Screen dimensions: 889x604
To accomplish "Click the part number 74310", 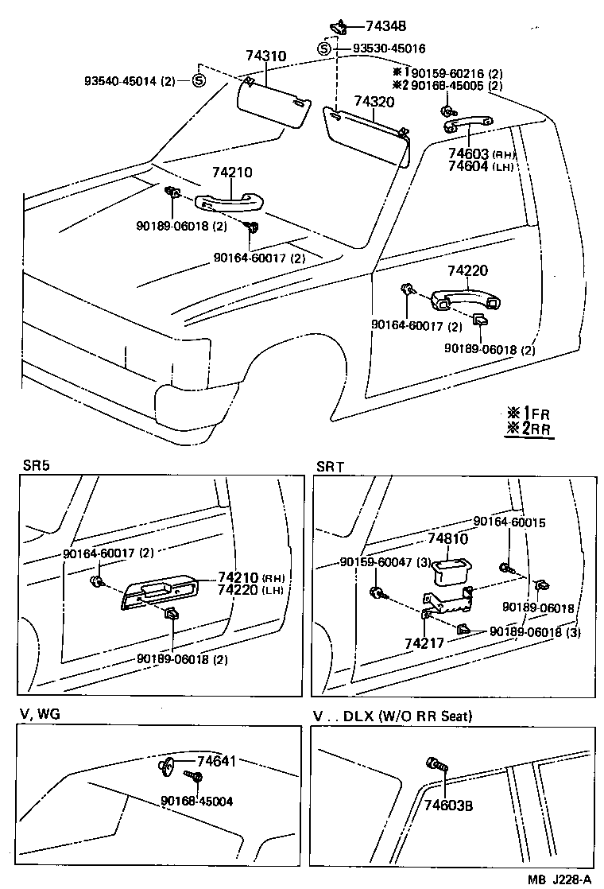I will [266, 56].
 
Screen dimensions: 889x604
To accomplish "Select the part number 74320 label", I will [375, 102].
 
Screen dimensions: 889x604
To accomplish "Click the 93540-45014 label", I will [131, 81].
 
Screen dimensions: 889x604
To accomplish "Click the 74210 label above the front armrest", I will [232, 173].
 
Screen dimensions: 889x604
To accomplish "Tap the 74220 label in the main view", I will [467, 271].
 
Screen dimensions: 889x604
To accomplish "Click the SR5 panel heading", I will [36, 467].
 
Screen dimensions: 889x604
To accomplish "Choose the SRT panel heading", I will [330, 467].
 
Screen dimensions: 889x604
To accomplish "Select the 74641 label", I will [216, 762].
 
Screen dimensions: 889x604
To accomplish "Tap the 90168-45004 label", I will [196, 801].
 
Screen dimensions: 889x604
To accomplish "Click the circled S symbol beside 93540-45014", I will [199, 80].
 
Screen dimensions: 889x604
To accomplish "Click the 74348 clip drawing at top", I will [339, 25].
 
